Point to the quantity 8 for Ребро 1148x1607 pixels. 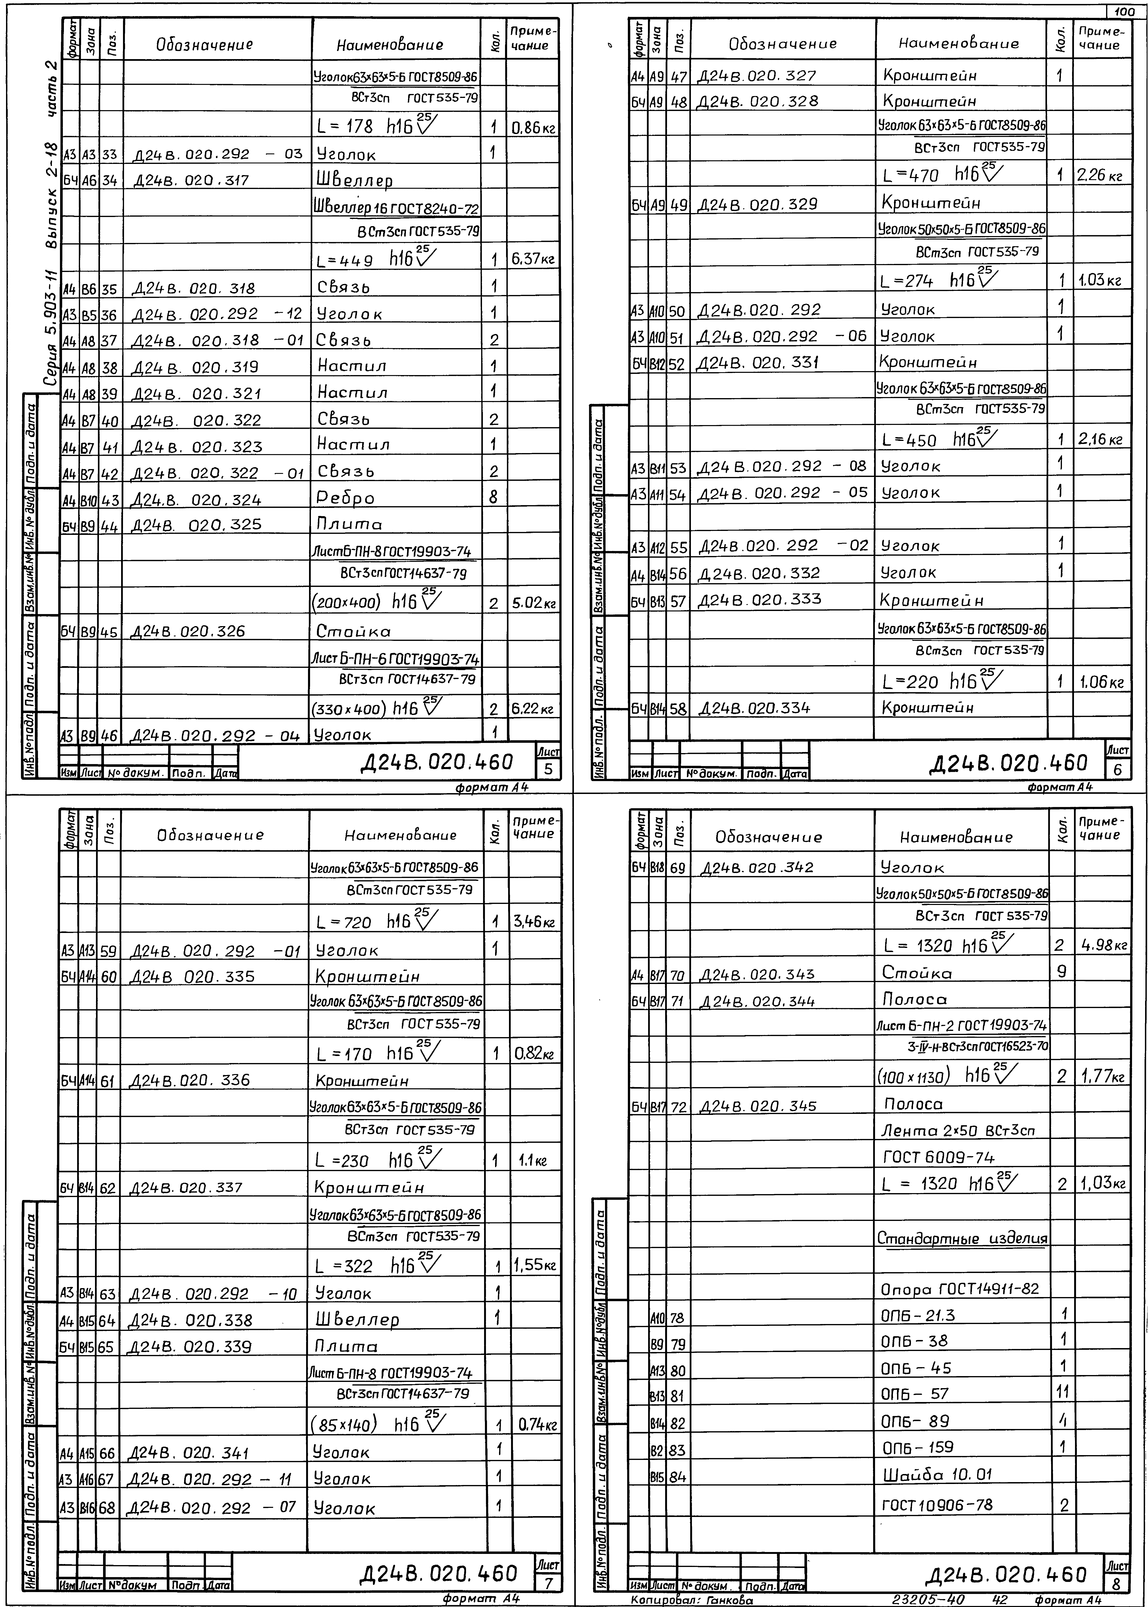(494, 498)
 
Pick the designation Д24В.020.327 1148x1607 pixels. (756, 76)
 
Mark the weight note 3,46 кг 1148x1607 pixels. (533, 922)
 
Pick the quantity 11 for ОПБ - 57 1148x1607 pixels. (1062, 1393)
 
